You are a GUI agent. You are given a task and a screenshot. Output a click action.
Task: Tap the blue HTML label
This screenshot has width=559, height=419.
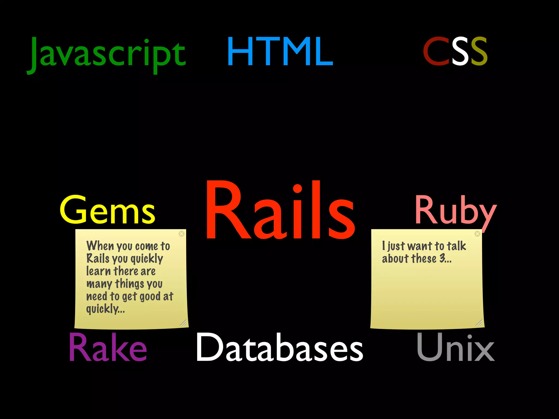tap(280, 52)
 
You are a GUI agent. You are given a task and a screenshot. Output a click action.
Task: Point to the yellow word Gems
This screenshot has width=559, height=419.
tap(107, 210)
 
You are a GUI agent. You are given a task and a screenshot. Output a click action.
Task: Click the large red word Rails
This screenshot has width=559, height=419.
tap(280, 210)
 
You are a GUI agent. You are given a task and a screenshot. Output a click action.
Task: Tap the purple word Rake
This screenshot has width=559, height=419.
tap(108, 348)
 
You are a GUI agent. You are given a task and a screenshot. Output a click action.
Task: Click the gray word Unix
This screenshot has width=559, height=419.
tap(455, 348)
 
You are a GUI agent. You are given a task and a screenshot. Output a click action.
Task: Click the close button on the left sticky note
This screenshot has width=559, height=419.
tap(182, 234)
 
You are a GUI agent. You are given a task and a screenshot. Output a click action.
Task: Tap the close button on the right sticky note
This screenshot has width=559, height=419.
tap(477, 234)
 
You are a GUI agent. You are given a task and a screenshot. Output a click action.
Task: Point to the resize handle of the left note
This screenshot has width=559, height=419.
tap(183, 323)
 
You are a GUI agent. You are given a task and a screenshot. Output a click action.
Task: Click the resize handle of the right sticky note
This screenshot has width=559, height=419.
tap(479, 323)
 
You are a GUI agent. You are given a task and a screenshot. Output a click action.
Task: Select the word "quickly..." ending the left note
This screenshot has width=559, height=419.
tap(105, 309)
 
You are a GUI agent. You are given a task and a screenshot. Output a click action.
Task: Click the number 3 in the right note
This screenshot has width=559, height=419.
tap(442, 258)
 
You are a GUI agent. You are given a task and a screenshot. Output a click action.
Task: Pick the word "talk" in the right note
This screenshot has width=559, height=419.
tap(456, 246)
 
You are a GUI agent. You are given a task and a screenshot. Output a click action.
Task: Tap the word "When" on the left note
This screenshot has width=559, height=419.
tap(100, 246)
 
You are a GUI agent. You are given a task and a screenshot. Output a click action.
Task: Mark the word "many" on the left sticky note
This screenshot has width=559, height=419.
tap(99, 284)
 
